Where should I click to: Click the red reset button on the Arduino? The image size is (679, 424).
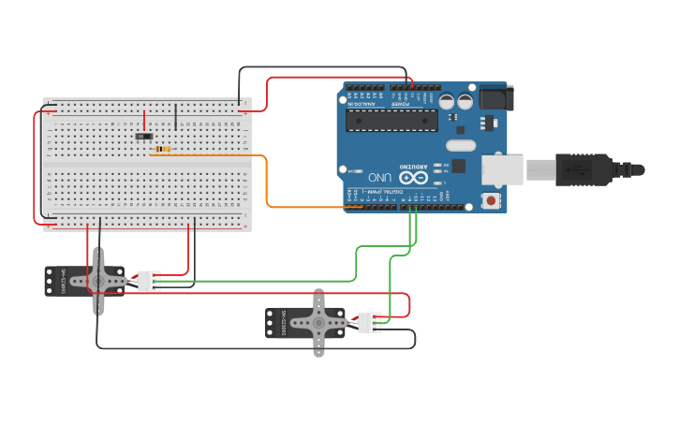(x=490, y=200)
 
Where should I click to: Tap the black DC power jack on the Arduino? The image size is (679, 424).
(x=494, y=97)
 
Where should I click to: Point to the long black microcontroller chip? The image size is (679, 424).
(x=391, y=120)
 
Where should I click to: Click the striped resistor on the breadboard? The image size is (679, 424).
(x=164, y=149)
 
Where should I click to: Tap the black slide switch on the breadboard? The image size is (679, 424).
(x=144, y=138)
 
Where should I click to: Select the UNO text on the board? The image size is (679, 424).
(x=379, y=176)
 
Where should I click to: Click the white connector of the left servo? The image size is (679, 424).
(x=149, y=281)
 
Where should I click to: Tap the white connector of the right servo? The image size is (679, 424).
(x=369, y=322)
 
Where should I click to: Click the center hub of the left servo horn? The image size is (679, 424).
(x=96, y=279)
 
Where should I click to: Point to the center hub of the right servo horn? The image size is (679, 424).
(x=318, y=323)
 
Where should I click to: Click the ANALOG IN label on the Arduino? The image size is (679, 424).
(x=365, y=103)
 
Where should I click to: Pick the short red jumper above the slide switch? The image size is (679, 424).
(x=144, y=121)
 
